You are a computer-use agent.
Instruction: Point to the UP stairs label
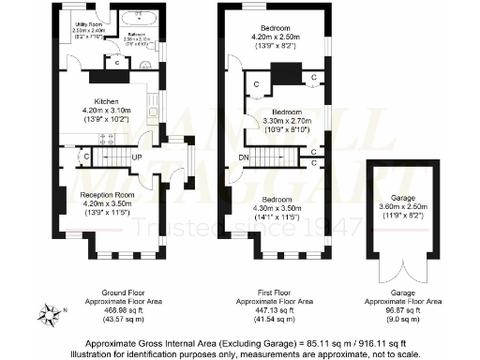coord(137,157)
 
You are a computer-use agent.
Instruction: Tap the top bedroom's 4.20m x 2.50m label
coord(280,37)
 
